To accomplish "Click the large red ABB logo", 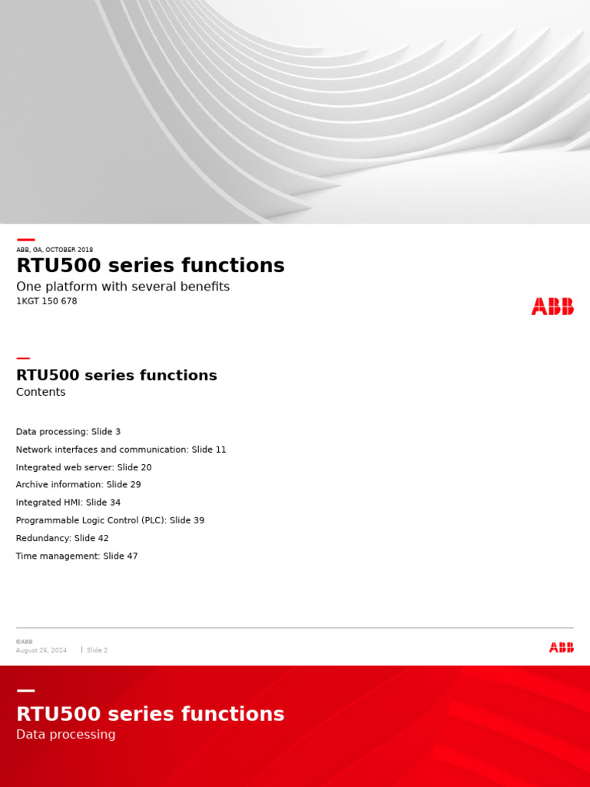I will pyautogui.click(x=552, y=307).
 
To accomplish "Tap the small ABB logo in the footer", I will pyautogui.click(x=561, y=647).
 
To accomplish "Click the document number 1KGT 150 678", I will pyautogui.click(x=47, y=301).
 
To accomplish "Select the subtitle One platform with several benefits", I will pyautogui.click(x=123, y=287).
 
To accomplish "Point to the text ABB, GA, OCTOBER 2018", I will pyautogui.click(x=55, y=250).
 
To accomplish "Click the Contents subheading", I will pyautogui.click(x=41, y=392).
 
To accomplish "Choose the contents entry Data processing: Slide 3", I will pyautogui.click(x=68, y=432).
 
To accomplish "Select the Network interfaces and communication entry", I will pyautogui.click(x=121, y=450).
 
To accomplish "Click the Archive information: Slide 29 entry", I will pyautogui.click(x=78, y=485).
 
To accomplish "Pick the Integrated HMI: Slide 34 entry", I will pyautogui.click(x=68, y=503).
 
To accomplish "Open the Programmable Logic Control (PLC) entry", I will pyautogui.click(x=110, y=520).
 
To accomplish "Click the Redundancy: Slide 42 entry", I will pyautogui.click(x=62, y=538).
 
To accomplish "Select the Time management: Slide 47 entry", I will pyautogui.click(x=77, y=556).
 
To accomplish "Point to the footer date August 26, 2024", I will pyautogui.click(x=41, y=650).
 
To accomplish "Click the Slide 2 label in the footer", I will pyautogui.click(x=97, y=650).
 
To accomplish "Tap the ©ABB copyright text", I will pyautogui.click(x=24, y=642).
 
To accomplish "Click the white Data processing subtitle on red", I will pyautogui.click(x=66, y=735).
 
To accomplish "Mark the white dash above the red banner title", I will pyautogui.click(x=25, y=691).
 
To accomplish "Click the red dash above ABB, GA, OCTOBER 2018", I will pyautogui.click(x=25, y=240).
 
